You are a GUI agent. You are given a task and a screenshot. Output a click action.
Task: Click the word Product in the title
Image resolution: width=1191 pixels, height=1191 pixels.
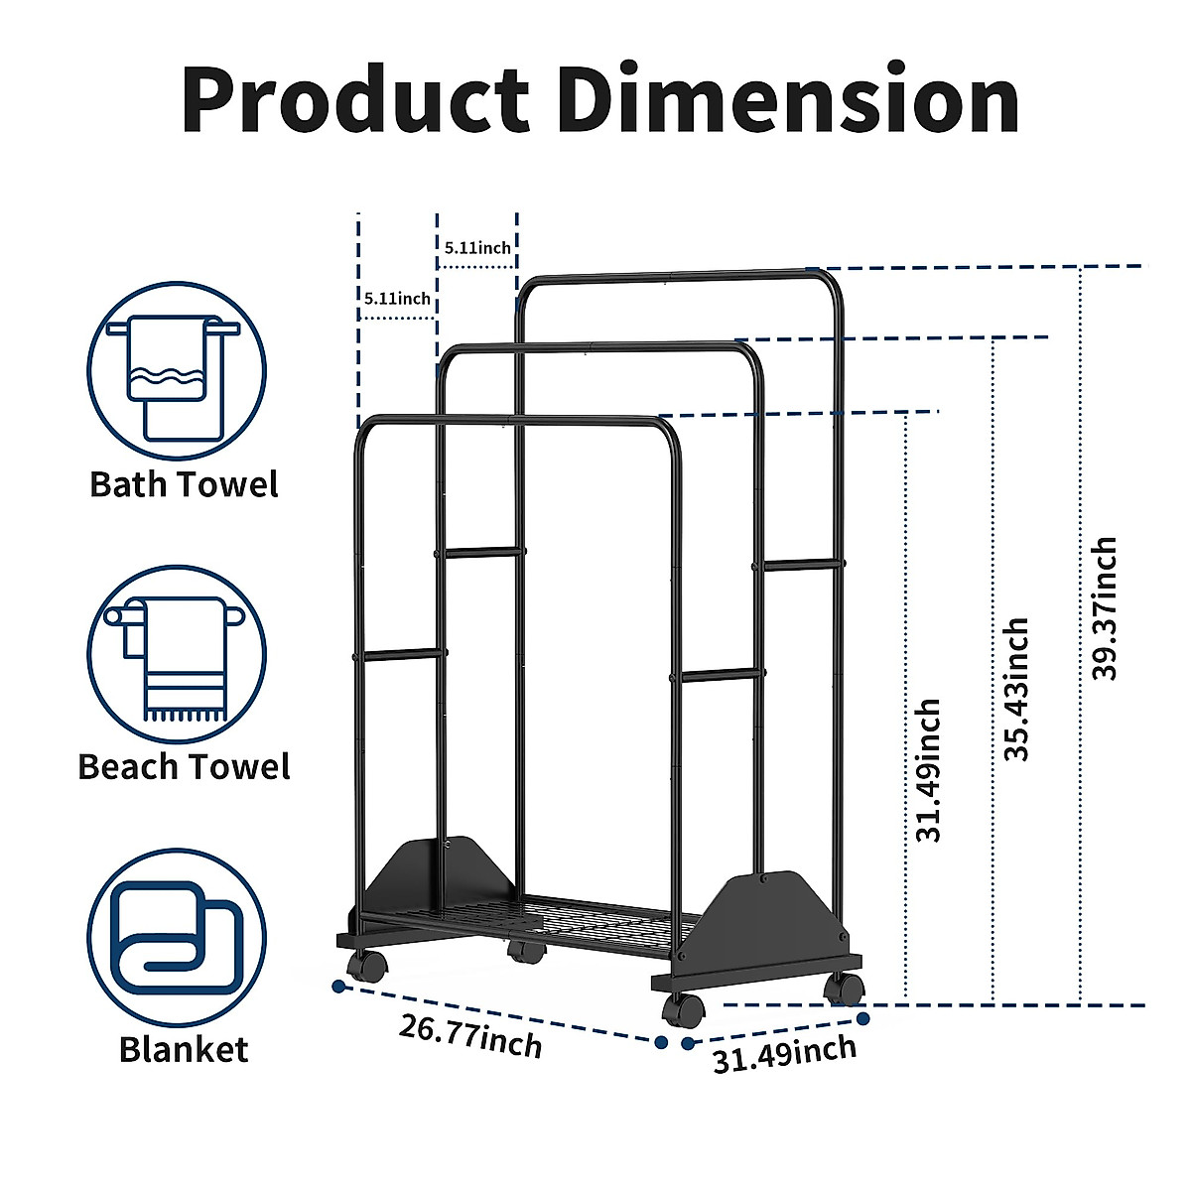pos(355,100)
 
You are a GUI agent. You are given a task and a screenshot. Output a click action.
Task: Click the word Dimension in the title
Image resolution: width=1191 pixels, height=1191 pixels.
pos(789,100)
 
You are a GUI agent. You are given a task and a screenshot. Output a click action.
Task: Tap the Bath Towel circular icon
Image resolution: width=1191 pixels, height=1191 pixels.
pos(177,370)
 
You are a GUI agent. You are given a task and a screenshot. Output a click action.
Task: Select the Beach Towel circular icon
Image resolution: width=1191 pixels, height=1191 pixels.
pos(177,655)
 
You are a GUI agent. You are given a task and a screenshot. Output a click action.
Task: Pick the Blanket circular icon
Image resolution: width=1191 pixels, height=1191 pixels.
pos(177,938)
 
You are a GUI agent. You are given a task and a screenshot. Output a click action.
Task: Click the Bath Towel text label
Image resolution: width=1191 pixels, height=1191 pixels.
pos(184,484)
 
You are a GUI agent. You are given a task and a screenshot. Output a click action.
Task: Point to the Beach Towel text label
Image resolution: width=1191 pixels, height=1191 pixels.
pos(184,767)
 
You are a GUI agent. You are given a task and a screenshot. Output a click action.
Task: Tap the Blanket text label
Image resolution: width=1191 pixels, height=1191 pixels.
pos(184,1049)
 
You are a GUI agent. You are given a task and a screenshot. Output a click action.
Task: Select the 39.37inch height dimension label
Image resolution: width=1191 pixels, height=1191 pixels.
pos(1105,608)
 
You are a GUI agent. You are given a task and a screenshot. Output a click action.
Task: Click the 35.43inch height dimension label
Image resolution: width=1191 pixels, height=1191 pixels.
pos(1016,689)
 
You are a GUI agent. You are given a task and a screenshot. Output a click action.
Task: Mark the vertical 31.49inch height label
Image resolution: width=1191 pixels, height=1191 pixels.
pos(928,770)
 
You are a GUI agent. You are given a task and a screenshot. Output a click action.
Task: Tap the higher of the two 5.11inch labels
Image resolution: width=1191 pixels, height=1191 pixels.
pos(477,248)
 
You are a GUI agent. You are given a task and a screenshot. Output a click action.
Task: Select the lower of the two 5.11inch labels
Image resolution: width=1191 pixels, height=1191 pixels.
pos(397,298)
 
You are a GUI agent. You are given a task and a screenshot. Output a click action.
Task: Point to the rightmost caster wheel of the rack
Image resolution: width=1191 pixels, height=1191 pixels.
pos(845,988)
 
